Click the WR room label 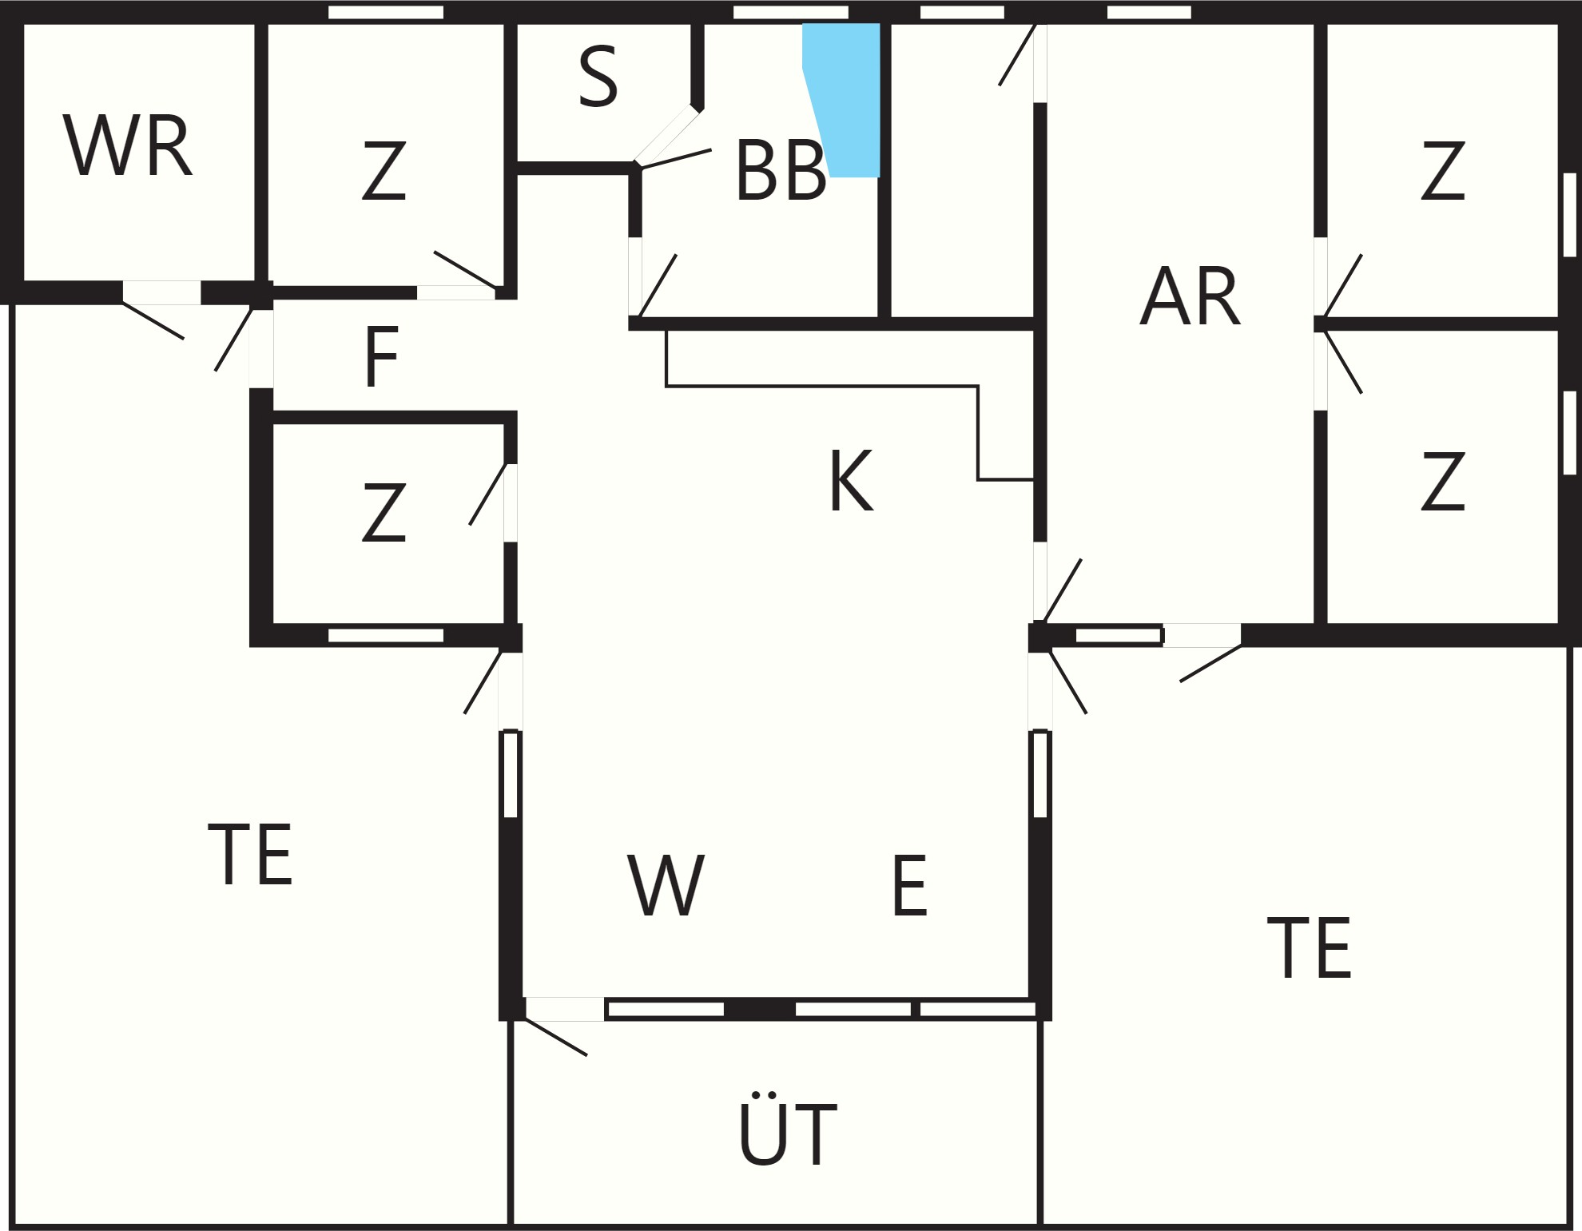click(x=128, y=146)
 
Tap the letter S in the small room click(x=598, y=77)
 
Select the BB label click(x=781, y=171)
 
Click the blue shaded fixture click(x=841, y=100)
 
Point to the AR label click(x=1190, y=296)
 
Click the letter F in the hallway click(x=381, y=357)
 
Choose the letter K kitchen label click(x=851, y=481)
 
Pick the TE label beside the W click(x=250, y=854)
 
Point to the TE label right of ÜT click(x=1310, y=948)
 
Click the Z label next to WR click(x=384, y=171)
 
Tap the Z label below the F click(x=384, y=513)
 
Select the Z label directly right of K click(x=1443, y=481)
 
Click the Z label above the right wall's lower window click(x=1443, y=171)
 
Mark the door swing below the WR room click(x=153, y=321)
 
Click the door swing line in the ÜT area click(x=556, y=1036)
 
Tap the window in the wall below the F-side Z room click(x=386, y=635)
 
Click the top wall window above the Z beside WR click(x=386, y=12)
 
